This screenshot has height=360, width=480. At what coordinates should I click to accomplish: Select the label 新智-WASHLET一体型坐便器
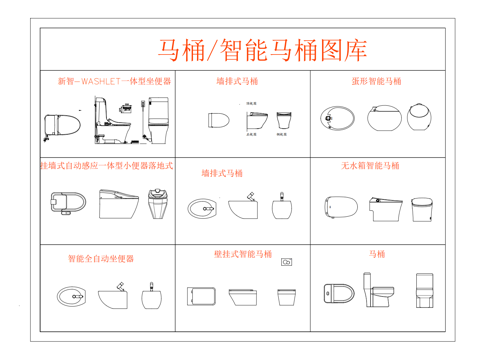pos(113,81)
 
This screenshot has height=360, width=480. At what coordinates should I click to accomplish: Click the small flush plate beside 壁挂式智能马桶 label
pos(287,262)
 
